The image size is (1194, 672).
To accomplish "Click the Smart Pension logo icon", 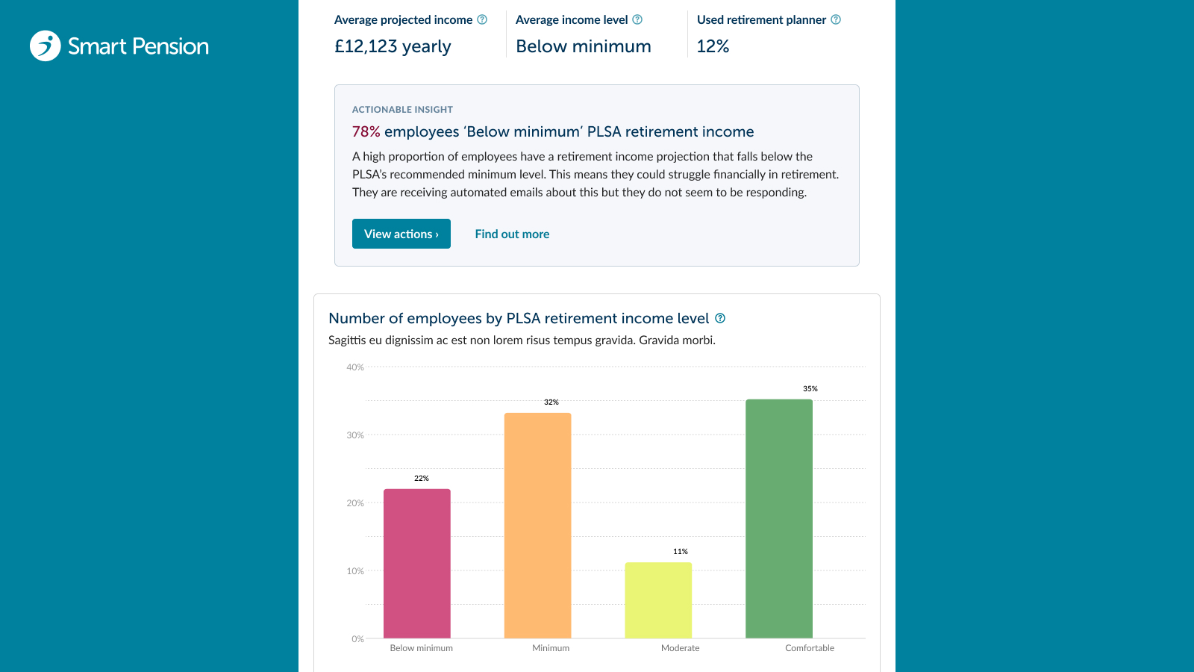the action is point(46,46).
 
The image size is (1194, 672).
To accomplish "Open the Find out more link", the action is point(512,234).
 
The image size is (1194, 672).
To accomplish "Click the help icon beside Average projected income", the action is point(482,19).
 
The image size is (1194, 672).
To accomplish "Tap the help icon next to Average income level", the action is point(637,19).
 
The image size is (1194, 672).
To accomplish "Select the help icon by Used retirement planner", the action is point(836,19).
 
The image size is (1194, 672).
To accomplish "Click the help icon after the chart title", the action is point(719,318).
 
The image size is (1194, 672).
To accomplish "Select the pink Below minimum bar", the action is point(417,563).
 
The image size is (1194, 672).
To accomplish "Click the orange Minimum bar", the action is point(537,526).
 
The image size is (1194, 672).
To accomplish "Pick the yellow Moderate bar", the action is point(658,600).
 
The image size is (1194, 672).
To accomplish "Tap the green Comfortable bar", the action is point(779,518).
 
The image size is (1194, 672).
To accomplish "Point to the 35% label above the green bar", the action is point(810,389).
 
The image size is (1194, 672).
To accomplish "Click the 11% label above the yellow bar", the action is point(680,552).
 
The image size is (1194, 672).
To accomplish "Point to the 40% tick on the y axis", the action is point(355,367).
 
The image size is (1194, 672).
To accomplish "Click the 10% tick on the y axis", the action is point(355,570).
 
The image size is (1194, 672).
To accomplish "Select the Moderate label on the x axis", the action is point(680,648).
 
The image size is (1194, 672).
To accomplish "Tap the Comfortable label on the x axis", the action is point(810,648).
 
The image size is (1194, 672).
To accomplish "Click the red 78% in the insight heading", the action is point(366,131).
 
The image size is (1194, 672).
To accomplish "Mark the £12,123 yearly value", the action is point(393,46).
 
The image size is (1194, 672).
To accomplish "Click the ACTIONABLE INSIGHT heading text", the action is point(402,109).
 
